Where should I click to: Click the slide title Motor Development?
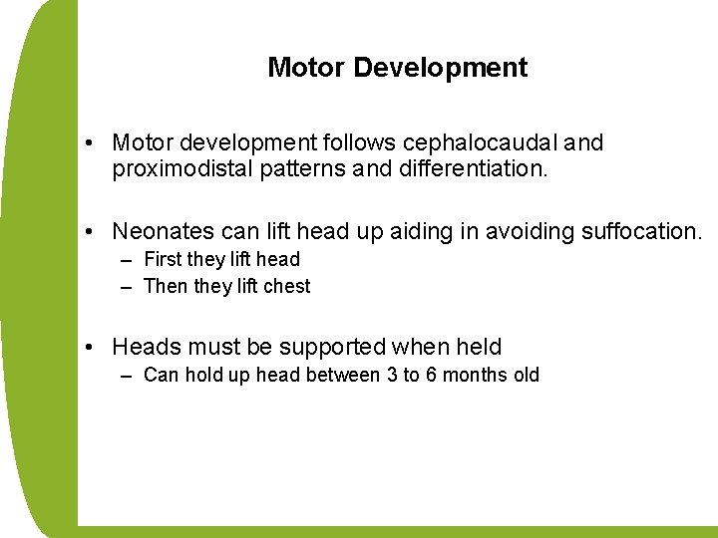tap(397, 68)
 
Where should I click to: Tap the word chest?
tap(288, 286)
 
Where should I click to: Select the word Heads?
tap(144, 347)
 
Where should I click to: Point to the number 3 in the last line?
tap(390, 376)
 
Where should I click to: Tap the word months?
tap(475, 376)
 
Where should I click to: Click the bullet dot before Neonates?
tap(90, 233)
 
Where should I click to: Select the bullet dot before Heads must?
tap(90, 348)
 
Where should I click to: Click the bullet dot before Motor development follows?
tap(90, 143)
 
